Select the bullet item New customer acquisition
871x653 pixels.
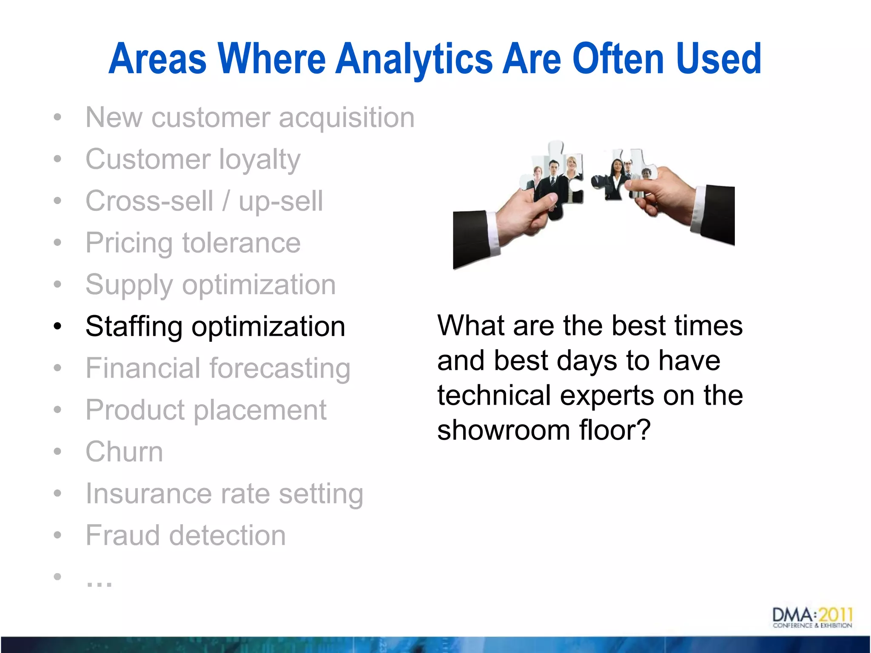point(250,117)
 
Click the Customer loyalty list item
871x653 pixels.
point(193,159)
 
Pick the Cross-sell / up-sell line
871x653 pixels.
point(204,201)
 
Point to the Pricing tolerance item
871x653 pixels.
point(193,243)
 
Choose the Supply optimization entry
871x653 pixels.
point(211,285)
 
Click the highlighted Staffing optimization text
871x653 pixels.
point(215,326)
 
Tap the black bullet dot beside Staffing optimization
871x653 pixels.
point(58,326)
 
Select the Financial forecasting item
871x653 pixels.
point(218,368)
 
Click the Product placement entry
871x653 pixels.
point(206,410)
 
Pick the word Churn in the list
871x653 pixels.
point(124,451)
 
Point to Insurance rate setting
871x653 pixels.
point(224,494)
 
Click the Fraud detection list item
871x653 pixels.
point(185,535)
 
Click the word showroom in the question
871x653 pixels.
point(503,430)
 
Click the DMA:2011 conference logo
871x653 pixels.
point(812,618)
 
